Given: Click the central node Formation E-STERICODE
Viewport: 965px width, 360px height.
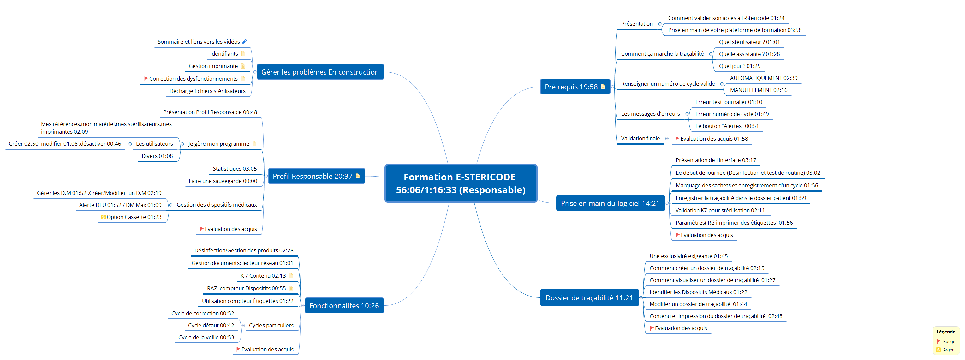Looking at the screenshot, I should pos(460,183).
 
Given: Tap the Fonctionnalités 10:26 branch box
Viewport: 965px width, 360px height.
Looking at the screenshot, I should pos(344,306).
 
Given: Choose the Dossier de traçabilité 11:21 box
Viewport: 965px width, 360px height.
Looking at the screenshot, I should pos(589,298).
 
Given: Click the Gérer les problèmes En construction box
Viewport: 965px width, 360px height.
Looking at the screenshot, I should pos(320,72).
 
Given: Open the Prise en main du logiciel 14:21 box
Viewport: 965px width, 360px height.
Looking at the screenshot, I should pos(610,203).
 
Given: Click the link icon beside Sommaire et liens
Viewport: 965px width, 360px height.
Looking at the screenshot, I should pos(244,42).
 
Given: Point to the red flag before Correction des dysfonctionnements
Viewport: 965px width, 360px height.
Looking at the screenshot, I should pos(146,79).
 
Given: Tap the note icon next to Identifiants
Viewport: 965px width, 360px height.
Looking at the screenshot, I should pos(243,54).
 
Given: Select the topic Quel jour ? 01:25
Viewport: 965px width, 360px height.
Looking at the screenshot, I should pos(740,66).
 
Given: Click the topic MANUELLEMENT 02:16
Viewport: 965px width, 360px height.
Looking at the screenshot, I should pos(758,90).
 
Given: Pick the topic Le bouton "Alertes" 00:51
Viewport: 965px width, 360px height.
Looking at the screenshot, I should pos(727,126).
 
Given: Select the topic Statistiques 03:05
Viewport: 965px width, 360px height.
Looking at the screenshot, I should pos(235,169).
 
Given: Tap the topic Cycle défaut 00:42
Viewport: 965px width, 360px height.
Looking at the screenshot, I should pos(211,326).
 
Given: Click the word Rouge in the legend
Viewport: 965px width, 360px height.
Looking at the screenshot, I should pos(949,342).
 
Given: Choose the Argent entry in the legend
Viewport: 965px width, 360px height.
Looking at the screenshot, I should pos(949,350).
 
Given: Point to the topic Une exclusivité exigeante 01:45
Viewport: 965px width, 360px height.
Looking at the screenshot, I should pos(688,256).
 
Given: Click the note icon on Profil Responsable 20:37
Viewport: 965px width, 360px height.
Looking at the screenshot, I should pos(357,176).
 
